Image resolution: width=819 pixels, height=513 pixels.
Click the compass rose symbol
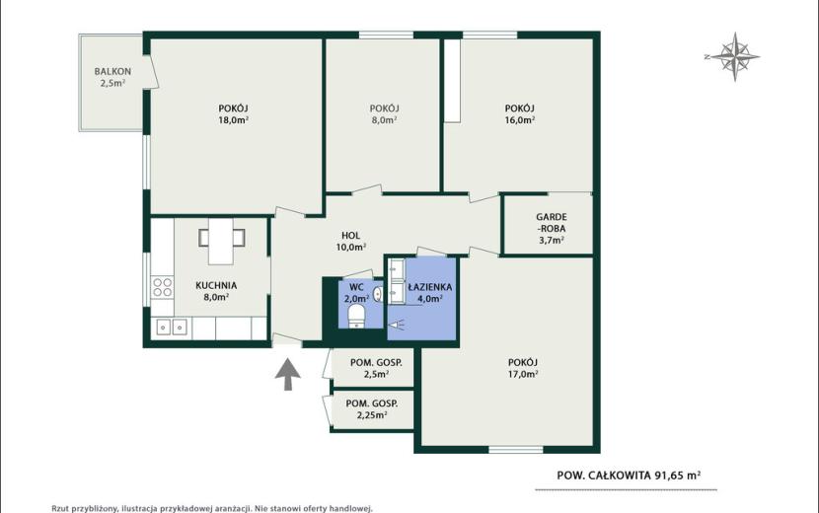pos(734,56)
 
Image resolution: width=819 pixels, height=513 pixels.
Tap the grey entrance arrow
pos(288,374)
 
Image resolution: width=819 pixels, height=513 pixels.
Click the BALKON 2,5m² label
pos(112,77)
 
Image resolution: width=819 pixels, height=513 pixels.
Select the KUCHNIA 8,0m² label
pos(216,291)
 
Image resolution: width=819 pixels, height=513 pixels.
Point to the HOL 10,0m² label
pos(350,242)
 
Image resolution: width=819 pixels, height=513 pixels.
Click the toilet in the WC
pos(357,316)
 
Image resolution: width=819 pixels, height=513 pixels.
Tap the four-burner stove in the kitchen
pos(162,287)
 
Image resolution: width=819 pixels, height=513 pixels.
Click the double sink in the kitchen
pos(172,328)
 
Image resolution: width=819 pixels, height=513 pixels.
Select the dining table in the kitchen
pos(221,241)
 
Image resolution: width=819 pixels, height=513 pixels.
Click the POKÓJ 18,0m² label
pos(233,113)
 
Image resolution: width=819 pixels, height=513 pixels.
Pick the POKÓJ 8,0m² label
pos(385,113)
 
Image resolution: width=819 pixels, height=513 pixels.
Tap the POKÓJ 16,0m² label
pos(520,113)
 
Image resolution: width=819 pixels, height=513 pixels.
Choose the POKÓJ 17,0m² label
pos(523,368)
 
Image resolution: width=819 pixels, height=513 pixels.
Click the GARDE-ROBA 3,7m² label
pos(551,228)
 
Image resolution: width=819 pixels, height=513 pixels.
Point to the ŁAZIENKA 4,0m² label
pos(430,293)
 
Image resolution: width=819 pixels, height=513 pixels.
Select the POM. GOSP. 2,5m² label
pos(376,368)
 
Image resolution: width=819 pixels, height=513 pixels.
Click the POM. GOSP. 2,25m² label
pos(372,409)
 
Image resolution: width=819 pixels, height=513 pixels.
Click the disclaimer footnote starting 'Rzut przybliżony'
pos(212,508)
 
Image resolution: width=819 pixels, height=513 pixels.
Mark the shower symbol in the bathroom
pos(397,325)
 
